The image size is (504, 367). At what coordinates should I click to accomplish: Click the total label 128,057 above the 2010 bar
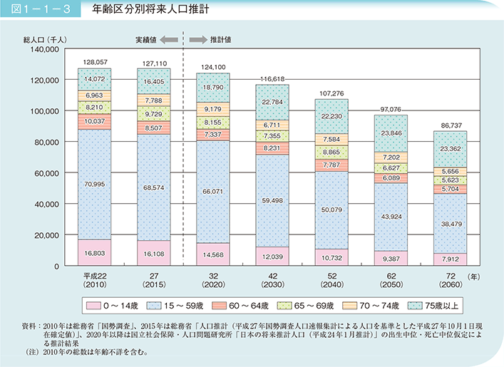click(x=93, y=62)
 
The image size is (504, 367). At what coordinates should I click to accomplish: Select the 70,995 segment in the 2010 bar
click(x=93, y=185)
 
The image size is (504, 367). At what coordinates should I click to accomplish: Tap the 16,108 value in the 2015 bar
click(x=153, y=253)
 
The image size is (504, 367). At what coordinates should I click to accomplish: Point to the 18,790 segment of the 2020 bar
click(x=212, y=87)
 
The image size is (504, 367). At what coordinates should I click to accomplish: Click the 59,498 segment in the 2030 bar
click(x=272, y=201)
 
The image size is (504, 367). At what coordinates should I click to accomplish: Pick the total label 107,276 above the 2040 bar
click(x=331, y=93)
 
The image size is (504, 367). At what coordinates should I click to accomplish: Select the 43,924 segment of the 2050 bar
click(x=390, y=216)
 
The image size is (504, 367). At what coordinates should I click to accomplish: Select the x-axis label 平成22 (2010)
click(x=93, y=279)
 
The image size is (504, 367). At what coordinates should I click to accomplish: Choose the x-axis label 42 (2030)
click(x=272, y=279)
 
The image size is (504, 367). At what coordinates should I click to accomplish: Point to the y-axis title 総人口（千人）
click(x=43, y=40)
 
